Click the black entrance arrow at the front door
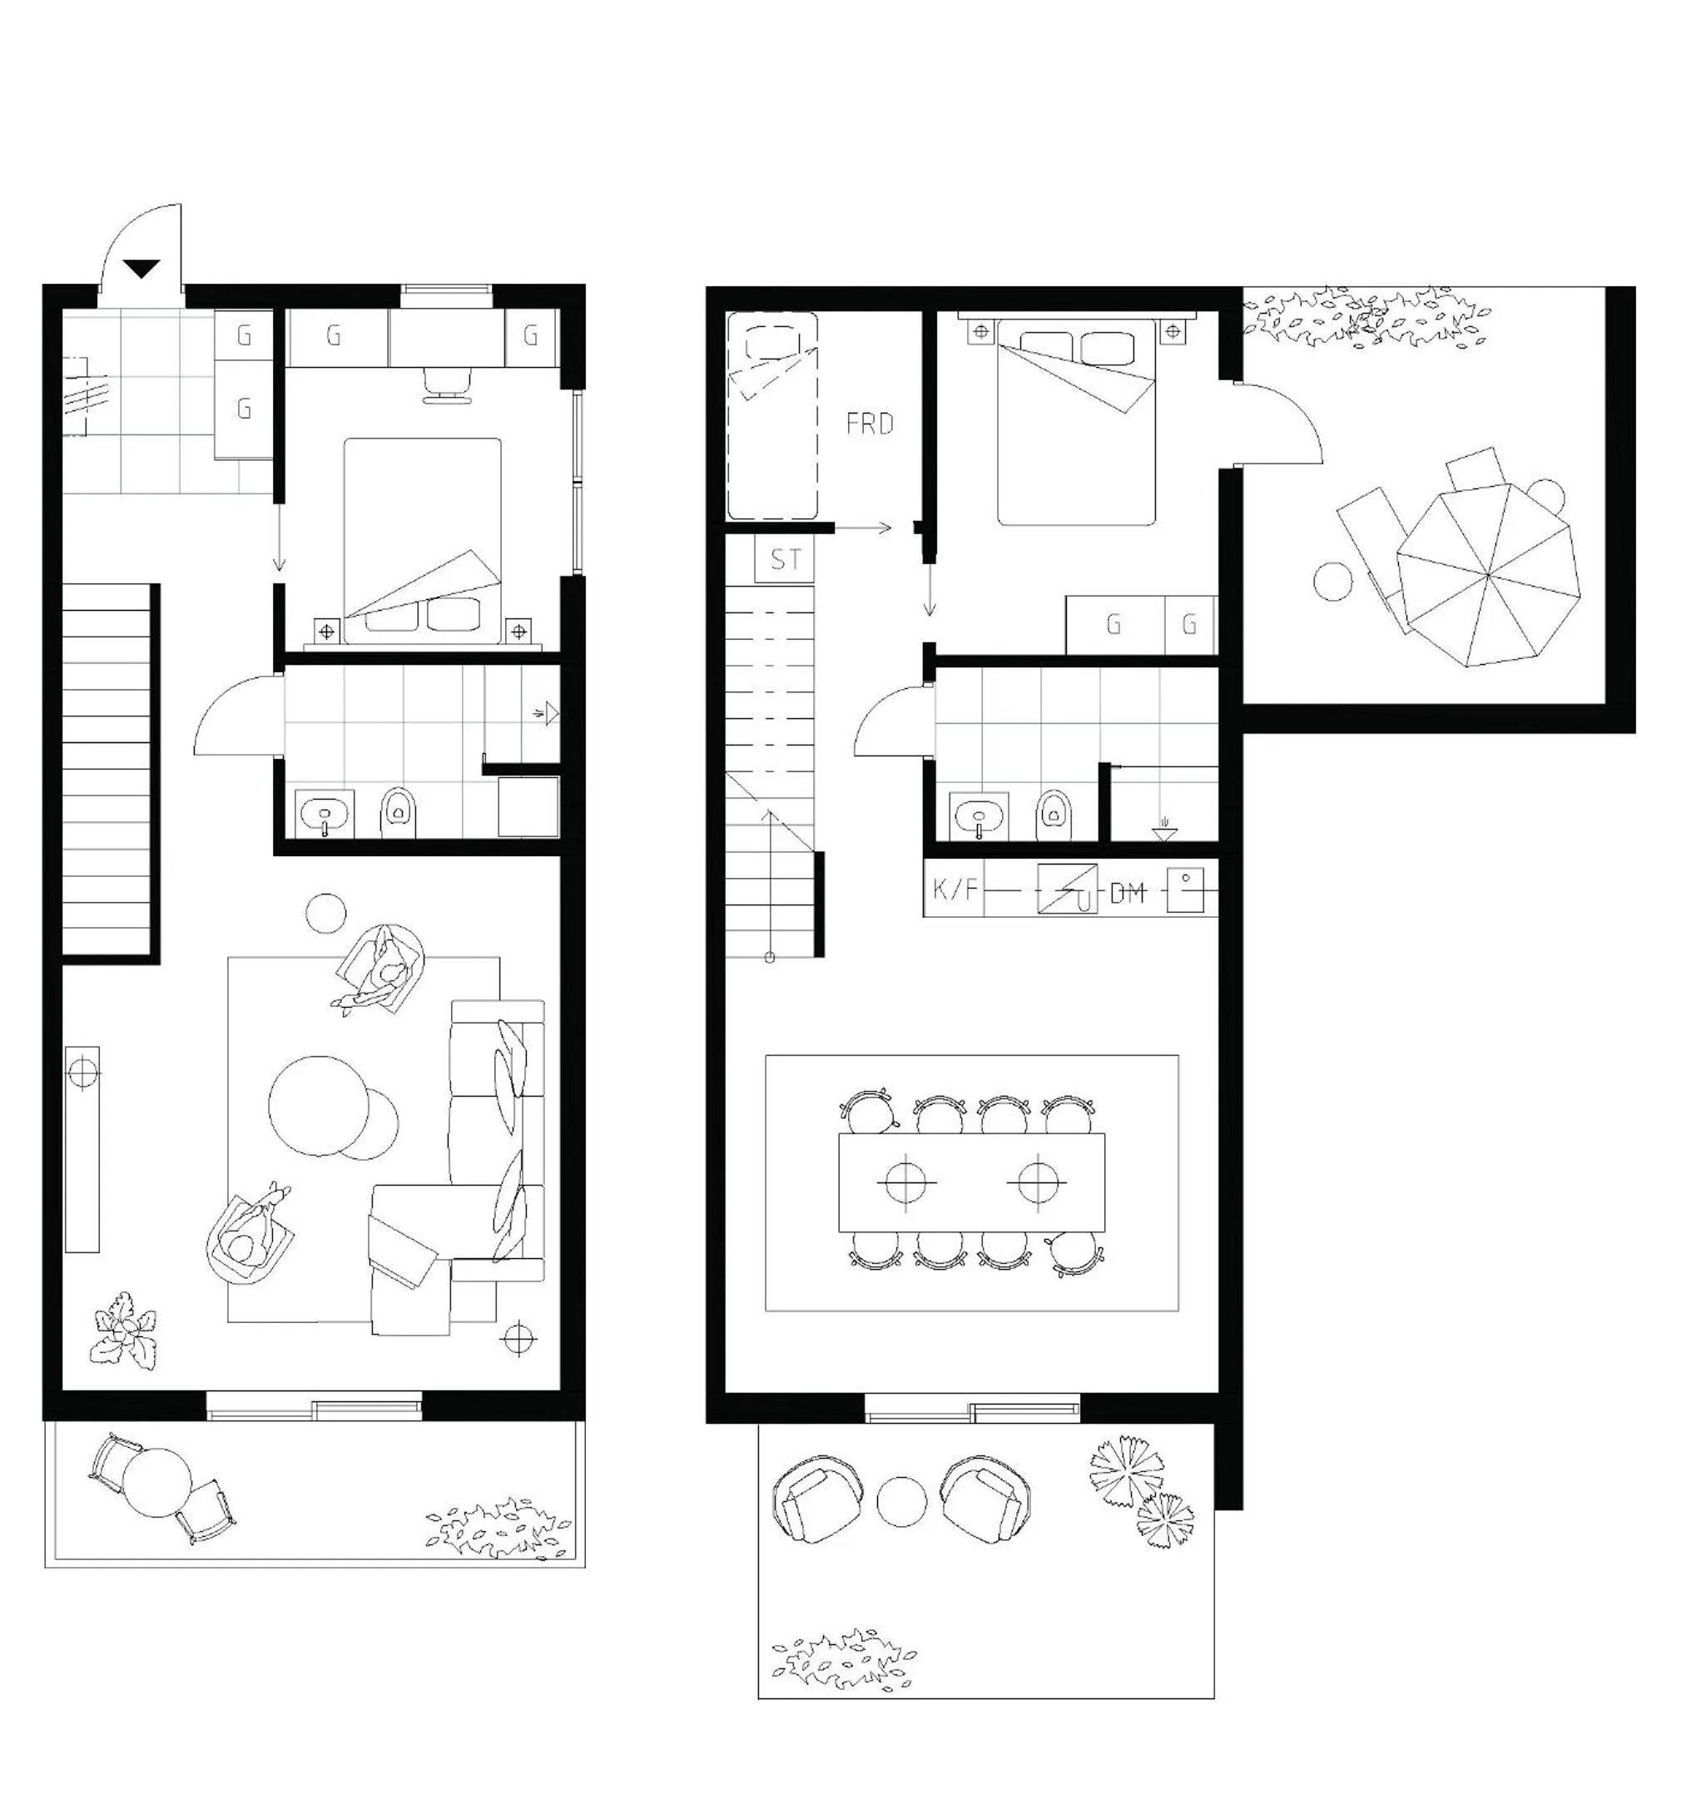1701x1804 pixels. pos(142,269)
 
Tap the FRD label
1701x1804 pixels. pos(870,424)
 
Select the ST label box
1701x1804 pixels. pos(785,559)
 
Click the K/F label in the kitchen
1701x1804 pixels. pos(955,889)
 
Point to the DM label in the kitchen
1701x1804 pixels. pos(1128,893)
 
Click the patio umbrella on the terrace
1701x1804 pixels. pos(1489,574)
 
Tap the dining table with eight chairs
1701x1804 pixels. pos(972,1182)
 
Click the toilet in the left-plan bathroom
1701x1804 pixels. pos(398,812)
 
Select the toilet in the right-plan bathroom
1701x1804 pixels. pos(1053,815)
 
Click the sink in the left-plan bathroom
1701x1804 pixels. pos(325,814)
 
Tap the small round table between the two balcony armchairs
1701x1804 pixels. pos(902,1503)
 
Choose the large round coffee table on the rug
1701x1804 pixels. pos(319,1105)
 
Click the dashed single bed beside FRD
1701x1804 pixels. pos(772,415)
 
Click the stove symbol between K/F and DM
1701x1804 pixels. pos(1068,889)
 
